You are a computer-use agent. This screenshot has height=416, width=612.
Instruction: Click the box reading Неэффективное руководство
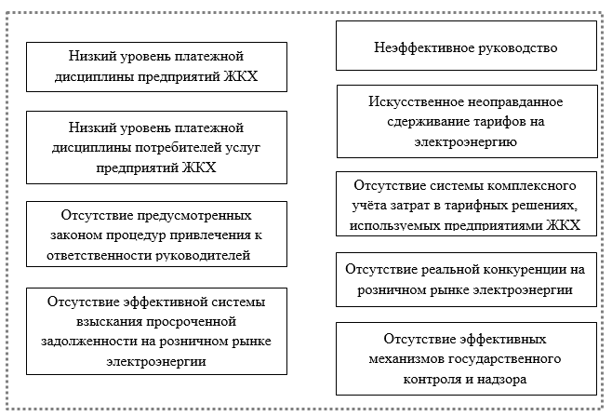coord(464,47)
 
